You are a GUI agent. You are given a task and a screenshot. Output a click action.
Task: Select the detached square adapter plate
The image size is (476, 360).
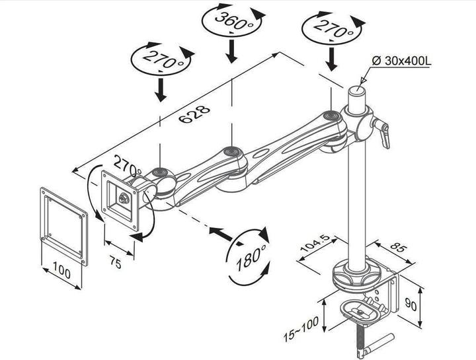point(63,225)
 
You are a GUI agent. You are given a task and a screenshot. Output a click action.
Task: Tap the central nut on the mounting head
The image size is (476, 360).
point(123,197)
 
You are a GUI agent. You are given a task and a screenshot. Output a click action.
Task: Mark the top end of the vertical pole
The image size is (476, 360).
point(358,87)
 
